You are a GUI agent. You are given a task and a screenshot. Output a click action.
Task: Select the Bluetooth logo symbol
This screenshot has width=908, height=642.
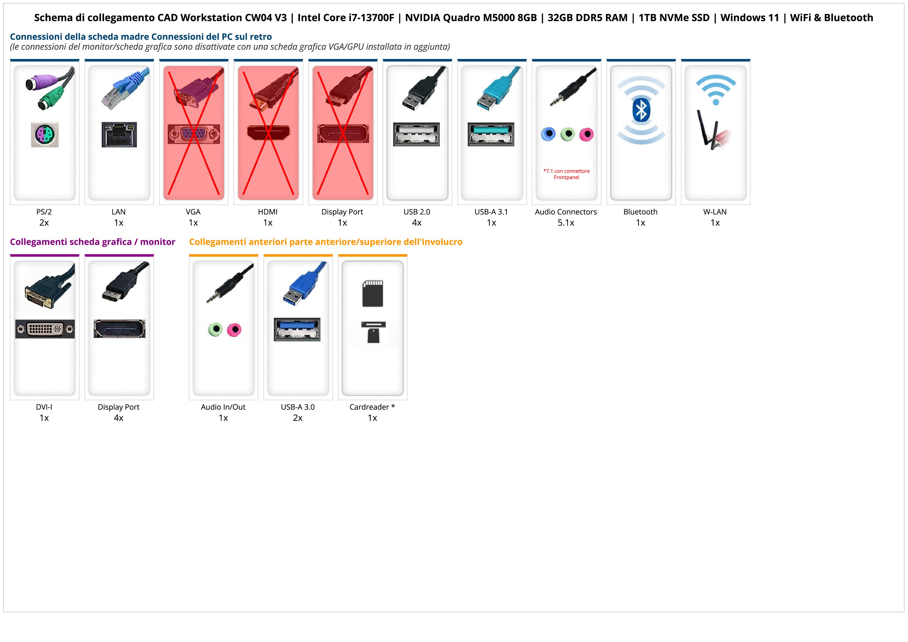(641, 110)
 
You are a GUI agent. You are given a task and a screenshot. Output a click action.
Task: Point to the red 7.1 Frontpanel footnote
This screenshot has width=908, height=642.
(566, 174)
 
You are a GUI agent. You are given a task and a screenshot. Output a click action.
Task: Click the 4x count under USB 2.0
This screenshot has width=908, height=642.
(417, 223)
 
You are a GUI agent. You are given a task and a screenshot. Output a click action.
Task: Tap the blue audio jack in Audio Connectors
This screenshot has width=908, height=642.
(548, 134)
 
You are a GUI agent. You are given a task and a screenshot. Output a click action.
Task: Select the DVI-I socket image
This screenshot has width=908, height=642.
(45, 329)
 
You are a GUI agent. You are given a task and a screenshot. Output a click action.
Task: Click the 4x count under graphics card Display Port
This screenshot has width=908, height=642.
(119, 418)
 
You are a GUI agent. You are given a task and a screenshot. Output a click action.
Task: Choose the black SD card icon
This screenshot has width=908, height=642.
(372, 293)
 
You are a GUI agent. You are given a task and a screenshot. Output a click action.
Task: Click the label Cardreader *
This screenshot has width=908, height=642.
(372, 407)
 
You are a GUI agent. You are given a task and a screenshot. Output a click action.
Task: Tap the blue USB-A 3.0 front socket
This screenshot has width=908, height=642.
(297, 329)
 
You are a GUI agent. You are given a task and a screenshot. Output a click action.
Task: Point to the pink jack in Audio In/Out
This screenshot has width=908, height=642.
(234, 329)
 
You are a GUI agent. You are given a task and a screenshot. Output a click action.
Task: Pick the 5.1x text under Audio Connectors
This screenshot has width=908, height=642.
(566, 223)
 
